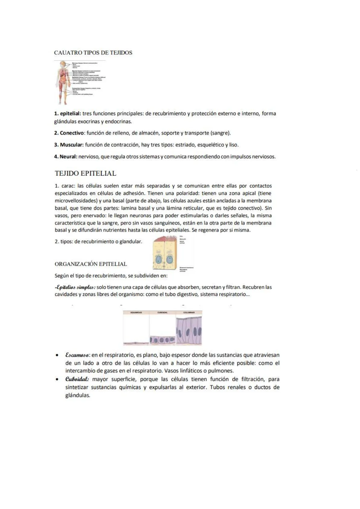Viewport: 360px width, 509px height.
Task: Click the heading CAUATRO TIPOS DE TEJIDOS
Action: tap(93, 53)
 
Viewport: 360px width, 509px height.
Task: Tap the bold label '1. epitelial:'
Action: tap(67, 114)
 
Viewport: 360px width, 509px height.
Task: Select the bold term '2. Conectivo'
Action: tap(69, 133)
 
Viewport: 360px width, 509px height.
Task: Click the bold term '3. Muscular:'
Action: tap(69, 145)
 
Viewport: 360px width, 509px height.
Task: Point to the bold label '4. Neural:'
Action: tap(66, 157)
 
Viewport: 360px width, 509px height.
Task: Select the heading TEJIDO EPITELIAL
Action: tap(86, 173)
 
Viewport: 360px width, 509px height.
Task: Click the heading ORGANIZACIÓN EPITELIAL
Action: tap(91, 264)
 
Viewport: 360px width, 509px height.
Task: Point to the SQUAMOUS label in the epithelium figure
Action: tap(136, 313)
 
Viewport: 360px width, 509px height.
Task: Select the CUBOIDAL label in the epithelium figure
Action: tap(162, 313)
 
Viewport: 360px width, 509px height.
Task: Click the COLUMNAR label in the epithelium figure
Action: tap(189, 313)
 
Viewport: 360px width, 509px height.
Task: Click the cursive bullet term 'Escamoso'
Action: tap(77, 355)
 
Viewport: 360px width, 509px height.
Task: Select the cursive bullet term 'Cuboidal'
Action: tap(77, 379)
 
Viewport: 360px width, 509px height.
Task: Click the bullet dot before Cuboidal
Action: tap(57, 379)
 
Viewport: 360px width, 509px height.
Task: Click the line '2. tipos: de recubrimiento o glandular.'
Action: tap(98, 242)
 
